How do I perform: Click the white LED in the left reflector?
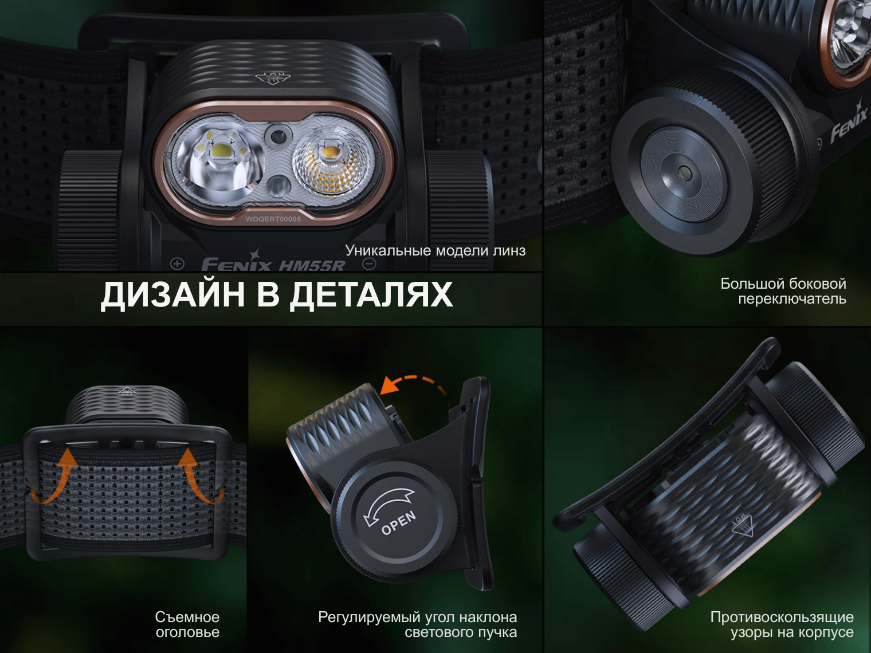pyautogui.click(x=219, y=151)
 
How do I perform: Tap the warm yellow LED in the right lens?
pyautogui.click(x=330, y=152)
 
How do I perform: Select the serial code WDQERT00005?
pyautogui.click(x=273, y=219)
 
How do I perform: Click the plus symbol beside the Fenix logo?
pyautogui.click(x=177, y=263)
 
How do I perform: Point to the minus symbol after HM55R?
pyautogui.click(x=369, y=263)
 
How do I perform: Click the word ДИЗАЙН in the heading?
pyautogui.click(x=172, y=294)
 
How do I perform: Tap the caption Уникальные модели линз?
pyautogui.click(x=435, y=250)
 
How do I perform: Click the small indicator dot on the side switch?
pyautogui.click(x=685, y=172)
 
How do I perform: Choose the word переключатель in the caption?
pyautogui.click(x=792, y=299)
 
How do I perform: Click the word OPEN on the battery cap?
pyautogui.click(x=398, y=522)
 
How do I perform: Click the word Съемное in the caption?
pyautogui.click(x=187, y=617)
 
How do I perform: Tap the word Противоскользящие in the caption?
pyautogui.click(x=782, y=617)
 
